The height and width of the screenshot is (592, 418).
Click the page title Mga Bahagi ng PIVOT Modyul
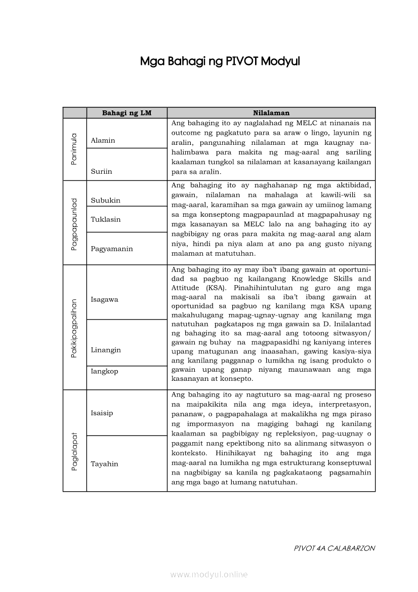coord(220,62)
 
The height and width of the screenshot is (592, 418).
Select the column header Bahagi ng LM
coord(127,113)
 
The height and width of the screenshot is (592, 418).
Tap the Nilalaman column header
coord(271,113)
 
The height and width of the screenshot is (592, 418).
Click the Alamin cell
coord(103,140)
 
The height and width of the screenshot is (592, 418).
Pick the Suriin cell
coord(102,171)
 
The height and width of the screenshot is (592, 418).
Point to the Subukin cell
coord(106,200)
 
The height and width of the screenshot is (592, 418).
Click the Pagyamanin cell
coord(112,249)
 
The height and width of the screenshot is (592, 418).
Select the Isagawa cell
coord(105,299)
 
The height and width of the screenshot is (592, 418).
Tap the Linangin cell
coord(106,350)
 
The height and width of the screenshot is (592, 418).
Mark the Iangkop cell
coord(104,371)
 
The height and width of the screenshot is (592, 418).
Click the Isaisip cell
coord(102,413)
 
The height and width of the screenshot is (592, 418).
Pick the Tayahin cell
coord(104,464)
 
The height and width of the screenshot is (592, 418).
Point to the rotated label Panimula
coord(74,149)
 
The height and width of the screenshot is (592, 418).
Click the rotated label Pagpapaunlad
coord(74,223)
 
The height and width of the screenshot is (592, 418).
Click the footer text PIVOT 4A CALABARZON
coord(335,548)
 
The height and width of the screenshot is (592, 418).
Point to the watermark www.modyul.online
coord(209,574)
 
